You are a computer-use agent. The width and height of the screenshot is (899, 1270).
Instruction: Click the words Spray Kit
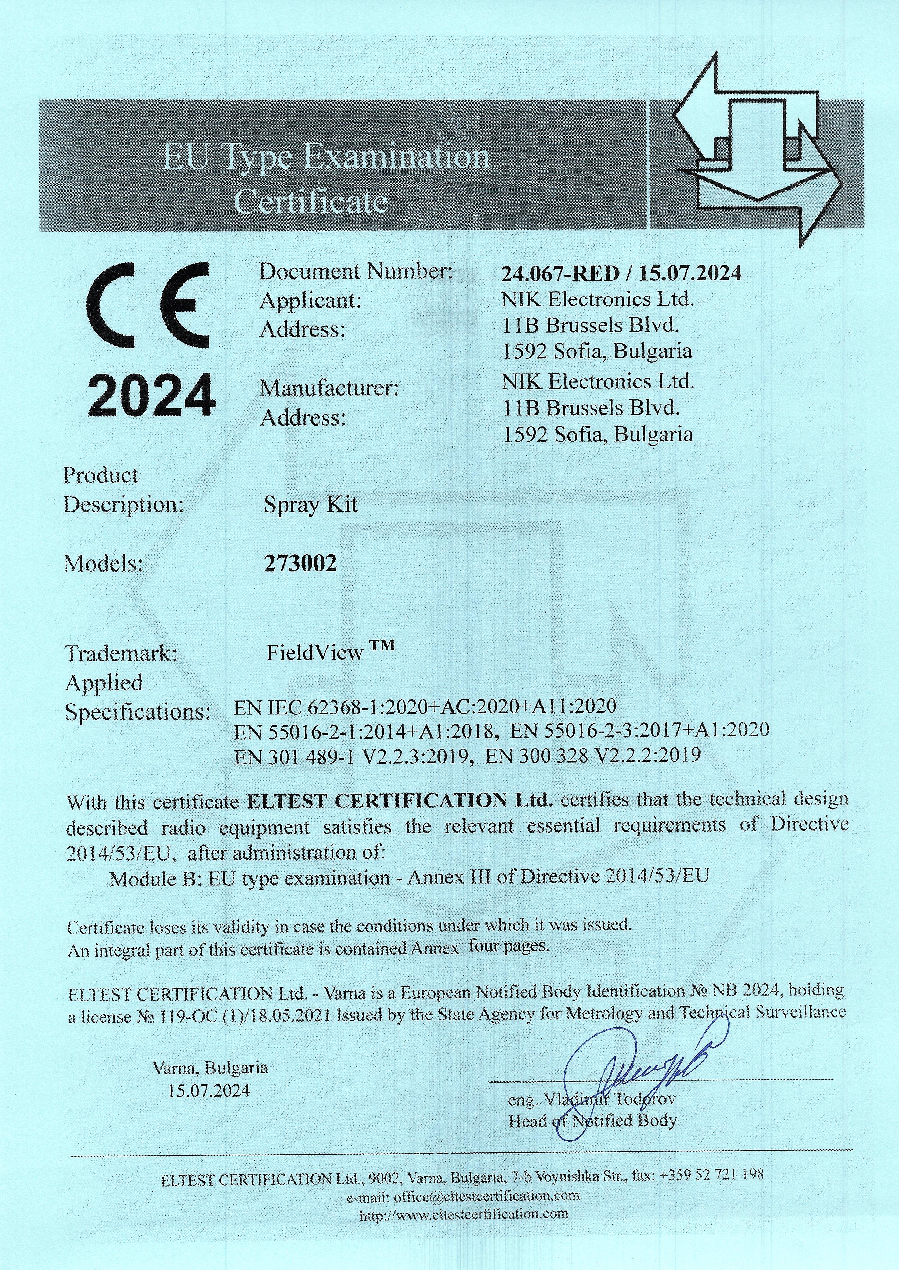tap(311, 505)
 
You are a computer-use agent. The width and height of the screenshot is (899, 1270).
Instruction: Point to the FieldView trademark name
tap(314, 653)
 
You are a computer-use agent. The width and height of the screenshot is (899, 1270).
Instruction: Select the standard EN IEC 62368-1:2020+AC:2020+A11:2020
tap(425, 706)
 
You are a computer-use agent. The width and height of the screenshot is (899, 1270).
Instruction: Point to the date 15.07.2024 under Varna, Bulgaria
tap(209, 1091)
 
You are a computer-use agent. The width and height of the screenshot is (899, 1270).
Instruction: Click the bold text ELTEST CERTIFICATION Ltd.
tap(398, 800)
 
